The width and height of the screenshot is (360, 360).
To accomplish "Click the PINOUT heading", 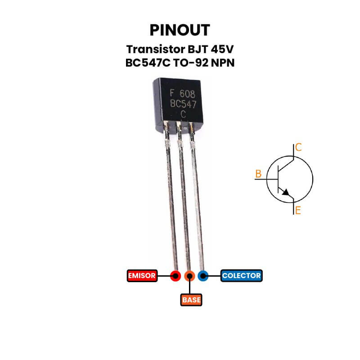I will tap(180, 30).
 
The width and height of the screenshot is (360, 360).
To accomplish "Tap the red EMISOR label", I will tap(142, 275).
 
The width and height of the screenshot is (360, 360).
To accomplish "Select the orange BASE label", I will tap(191, 299).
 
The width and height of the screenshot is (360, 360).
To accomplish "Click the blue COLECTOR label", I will tap(241, 275).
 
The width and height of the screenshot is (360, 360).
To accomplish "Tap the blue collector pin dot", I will tap(203, 275).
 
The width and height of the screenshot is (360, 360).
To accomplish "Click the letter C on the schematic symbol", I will tap(298, 147).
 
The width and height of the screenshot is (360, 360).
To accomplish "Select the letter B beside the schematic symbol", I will tap(258, 174).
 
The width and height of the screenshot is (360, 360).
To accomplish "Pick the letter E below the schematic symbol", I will tap(297, 210).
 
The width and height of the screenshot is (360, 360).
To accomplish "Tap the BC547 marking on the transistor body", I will tap(183, 104).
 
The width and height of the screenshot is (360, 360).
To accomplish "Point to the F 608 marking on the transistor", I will tap(182, 94).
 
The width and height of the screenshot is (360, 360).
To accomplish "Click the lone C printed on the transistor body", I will tap(183, 114).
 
